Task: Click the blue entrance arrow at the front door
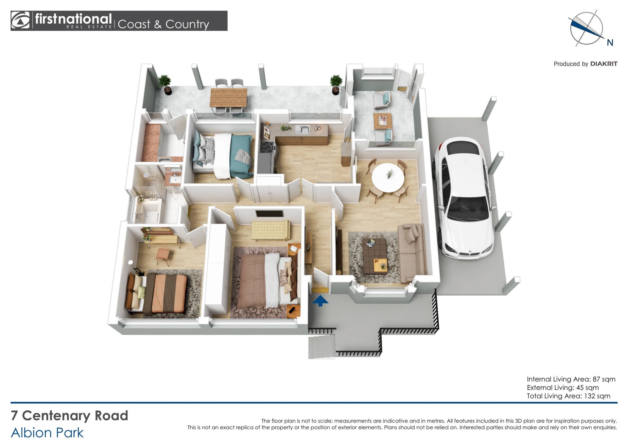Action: [x=320, y=301]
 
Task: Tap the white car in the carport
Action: [x=463, y=198]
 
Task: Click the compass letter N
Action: [x=610, y=43]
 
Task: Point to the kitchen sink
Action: [x=303, y=130]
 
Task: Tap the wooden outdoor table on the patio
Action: [x=228, y=98]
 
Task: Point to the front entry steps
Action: [x=322, y=347]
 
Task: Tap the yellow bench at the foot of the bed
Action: [x=271, y=230]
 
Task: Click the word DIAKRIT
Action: [x=604, y=64]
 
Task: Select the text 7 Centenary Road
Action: [x=69, y=416]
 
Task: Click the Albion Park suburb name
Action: [x=47, y=433]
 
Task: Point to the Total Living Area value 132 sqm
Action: [x=597, y=396]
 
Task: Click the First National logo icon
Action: [x=20, y=21]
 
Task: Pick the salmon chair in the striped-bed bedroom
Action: [x=163, y=256]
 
